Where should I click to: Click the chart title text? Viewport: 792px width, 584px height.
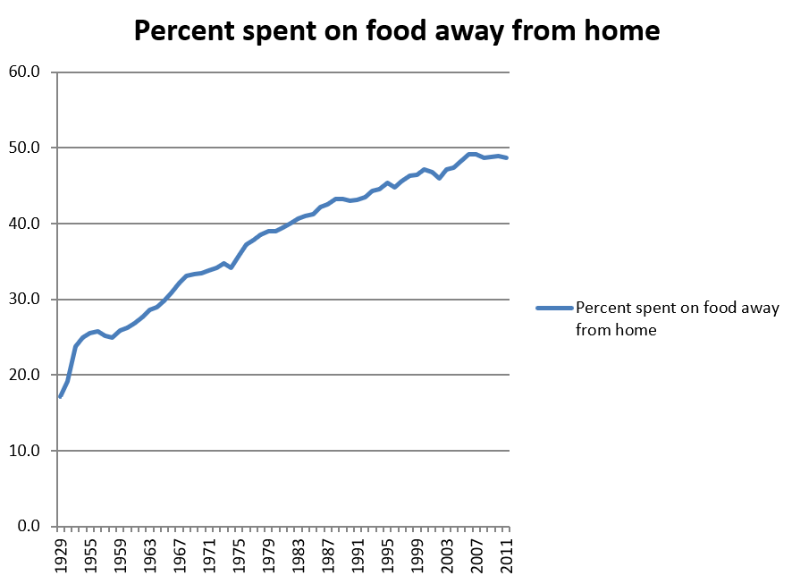(396, 31)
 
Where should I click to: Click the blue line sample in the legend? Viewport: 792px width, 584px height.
(553, 309)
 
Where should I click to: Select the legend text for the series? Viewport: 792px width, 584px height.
(678, 318)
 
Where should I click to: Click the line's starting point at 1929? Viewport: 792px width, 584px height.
(60, 397)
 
